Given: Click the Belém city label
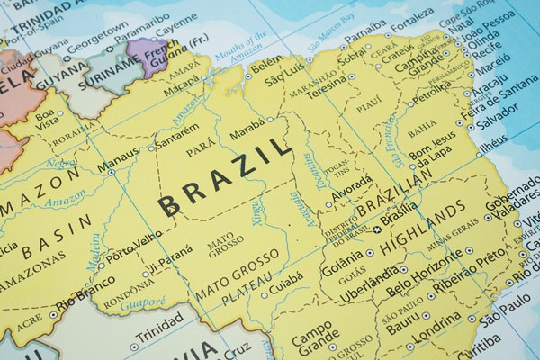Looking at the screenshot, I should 266,66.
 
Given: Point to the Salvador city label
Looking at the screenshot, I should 498,121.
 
